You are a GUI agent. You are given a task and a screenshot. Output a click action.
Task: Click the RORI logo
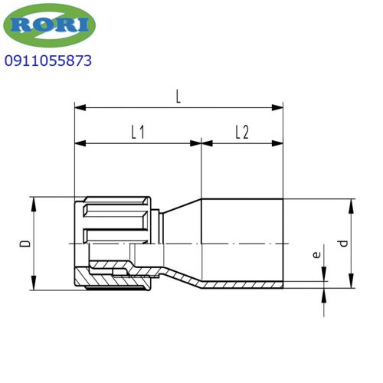coord(49,25)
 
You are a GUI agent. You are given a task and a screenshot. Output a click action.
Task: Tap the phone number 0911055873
coord(48,61)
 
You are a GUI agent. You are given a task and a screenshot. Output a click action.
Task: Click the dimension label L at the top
coord(178,97)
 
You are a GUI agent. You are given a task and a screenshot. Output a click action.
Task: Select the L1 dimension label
coord(138,132)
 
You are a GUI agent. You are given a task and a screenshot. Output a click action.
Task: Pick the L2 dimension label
coord(242,132)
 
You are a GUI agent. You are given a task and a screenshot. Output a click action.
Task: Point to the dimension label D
coord(25,244)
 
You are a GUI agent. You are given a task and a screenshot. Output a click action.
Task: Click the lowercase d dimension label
coord(343,244)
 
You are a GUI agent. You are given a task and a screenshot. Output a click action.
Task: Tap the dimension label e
coord(316,254)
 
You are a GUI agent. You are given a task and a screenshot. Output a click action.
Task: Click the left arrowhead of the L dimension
coord(80,108)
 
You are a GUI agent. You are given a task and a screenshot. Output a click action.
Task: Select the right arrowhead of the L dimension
coord(277,108)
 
